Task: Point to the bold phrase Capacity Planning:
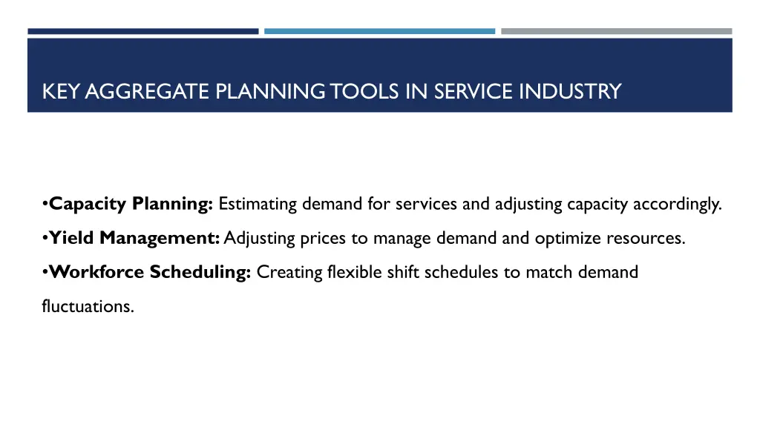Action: point(131,205)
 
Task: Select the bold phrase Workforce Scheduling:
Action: point(151,272)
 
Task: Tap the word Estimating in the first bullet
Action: point(256,205)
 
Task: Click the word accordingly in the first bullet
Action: point(677,205)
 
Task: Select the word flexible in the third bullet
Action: point(350,272)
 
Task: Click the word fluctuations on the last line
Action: point(88,306)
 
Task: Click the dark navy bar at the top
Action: point(143,31)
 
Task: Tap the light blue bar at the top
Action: point(379,31)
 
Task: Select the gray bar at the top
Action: point(616,31)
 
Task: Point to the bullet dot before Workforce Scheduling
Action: point(45,272)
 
